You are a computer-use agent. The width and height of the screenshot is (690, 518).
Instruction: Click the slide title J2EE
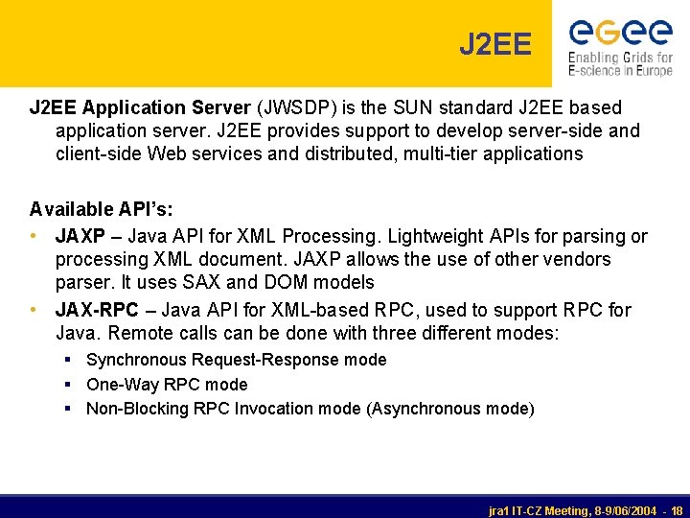point(494,44)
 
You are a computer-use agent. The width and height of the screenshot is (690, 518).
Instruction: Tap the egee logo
point(620,33)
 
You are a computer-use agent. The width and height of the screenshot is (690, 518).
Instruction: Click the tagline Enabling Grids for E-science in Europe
point(620,64)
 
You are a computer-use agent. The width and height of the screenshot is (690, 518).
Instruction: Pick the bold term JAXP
point(80,236)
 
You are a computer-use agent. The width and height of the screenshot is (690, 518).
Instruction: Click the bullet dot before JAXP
point(34,236)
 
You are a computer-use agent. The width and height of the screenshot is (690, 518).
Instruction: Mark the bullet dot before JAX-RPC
point(34,310)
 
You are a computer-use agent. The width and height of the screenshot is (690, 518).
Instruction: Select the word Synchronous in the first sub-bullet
point(136,360)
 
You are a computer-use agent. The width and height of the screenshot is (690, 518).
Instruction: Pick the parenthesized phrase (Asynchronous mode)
point(450,409)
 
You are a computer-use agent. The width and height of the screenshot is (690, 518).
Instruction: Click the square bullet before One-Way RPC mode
point(71,385)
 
